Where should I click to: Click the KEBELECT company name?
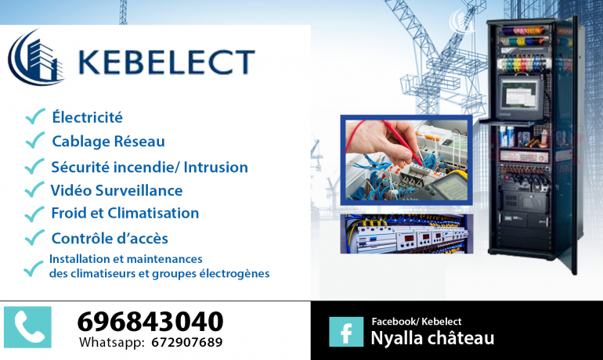point(167,62)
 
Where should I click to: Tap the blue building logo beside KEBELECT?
point(35,57)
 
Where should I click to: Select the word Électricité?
point(87,117)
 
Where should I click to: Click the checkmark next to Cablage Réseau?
point(35,140)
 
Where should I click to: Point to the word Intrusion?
point(215,167)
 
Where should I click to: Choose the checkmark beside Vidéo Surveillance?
point(34,189)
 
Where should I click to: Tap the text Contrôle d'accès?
point(110,238)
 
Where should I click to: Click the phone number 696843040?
point(150,321)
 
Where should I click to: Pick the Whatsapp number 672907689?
point(187,342)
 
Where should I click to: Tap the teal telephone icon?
point(27,327)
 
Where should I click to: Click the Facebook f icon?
point(346,332)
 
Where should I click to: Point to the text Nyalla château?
point(432,338)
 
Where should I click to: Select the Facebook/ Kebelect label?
point(417,321)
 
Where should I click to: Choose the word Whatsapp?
point(112,342)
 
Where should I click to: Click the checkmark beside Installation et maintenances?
point(34,268)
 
